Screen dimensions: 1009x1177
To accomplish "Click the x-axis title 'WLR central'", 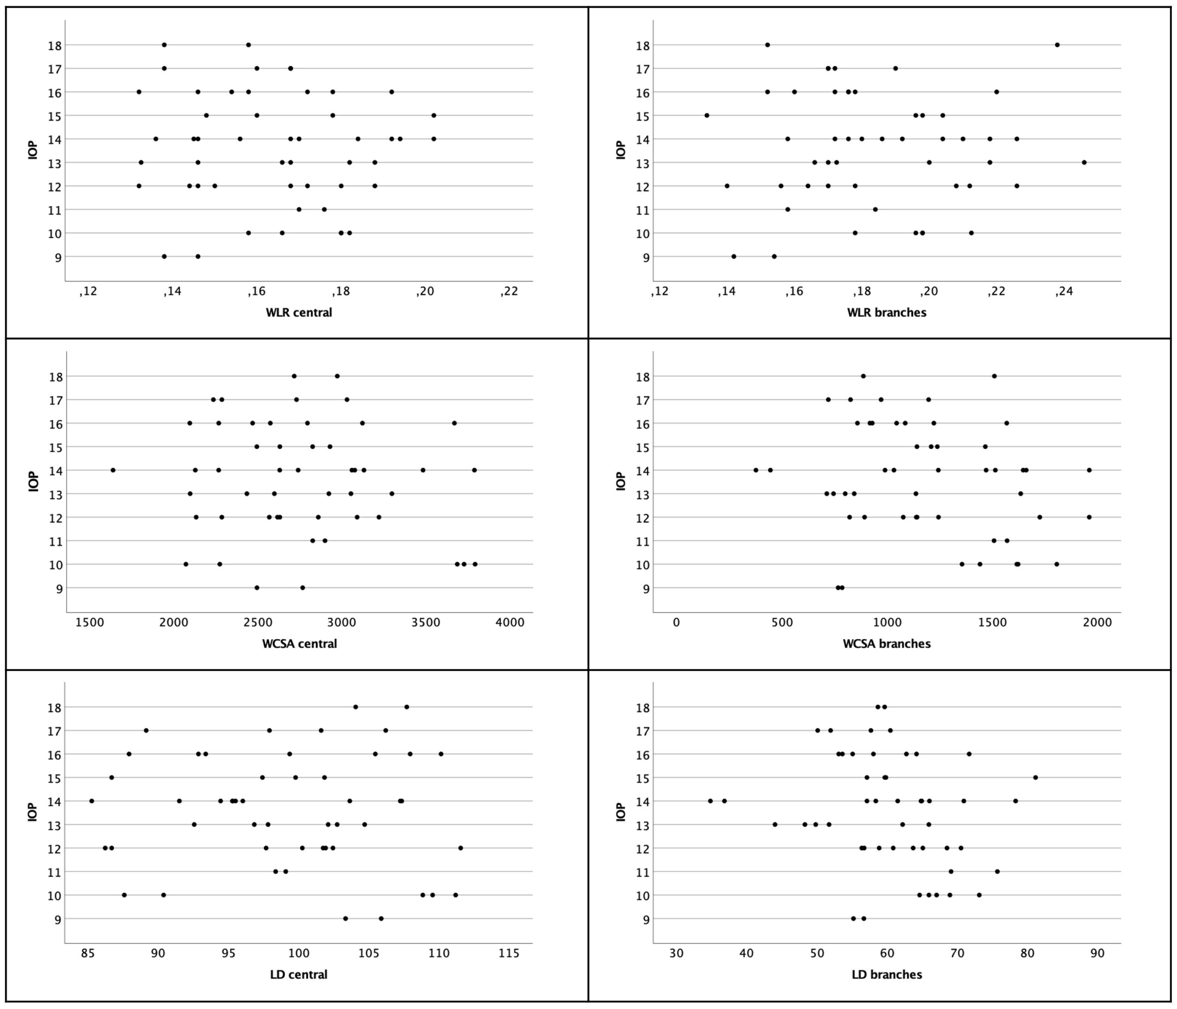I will click(x=299, y=312).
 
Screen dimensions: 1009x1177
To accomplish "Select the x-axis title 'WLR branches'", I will click(x=887, y=312).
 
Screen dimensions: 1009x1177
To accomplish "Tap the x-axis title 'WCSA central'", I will click(x=299, y=644).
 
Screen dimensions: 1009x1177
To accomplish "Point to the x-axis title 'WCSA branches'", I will click(x=887, y=644).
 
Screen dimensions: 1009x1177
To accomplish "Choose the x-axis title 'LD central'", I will click(x=299, y=975).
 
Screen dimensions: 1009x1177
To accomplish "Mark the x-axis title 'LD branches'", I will click(x=887, y=975).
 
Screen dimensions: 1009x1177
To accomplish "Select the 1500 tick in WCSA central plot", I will click(x=90, y=623).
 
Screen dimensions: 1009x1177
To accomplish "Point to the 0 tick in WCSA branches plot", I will click(x=676, y=623).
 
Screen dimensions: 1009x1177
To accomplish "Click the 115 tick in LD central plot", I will click(x=509, y=954).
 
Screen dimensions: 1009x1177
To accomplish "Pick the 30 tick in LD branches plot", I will click(x=676, y=954).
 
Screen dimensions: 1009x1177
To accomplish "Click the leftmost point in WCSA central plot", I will click(x=113, y=470).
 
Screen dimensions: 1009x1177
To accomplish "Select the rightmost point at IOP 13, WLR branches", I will click(x=1084, y=162).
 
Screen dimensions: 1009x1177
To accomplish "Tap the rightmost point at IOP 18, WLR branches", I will click(x=1057, y=45).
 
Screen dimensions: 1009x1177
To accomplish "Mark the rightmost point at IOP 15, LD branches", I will click(x=1035, y=777).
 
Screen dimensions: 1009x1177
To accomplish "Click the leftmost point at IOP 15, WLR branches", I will click(x=707, y=115).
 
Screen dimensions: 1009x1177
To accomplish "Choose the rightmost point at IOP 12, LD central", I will click(x=461, y=848).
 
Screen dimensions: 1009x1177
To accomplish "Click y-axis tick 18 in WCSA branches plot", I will click(x=646, y=376).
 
